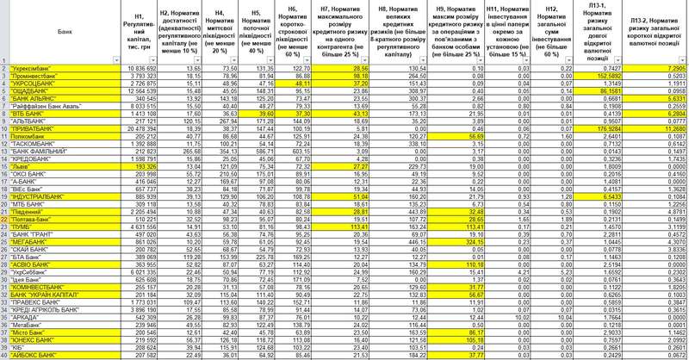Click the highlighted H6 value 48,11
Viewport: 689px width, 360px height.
(311, 82)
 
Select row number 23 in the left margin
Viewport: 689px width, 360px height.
(4, 228)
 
